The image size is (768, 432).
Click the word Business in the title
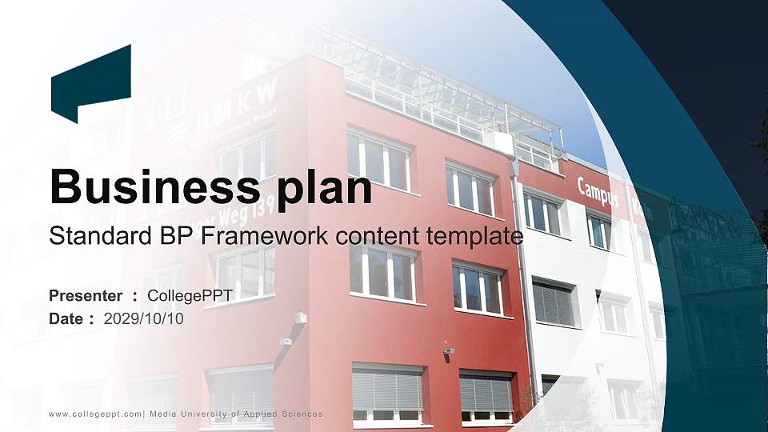pos(151,186)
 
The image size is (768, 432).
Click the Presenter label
pos(86,296)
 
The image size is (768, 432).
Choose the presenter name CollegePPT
pos(190,296)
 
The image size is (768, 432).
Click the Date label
pos(66,318)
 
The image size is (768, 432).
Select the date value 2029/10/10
pos(144,318)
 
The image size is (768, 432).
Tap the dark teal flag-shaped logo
pos(90,82)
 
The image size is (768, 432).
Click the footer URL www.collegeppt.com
pos(95,414)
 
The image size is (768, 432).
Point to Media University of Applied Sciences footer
pos(236,414)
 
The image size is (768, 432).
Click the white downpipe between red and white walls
pos(526,304)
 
